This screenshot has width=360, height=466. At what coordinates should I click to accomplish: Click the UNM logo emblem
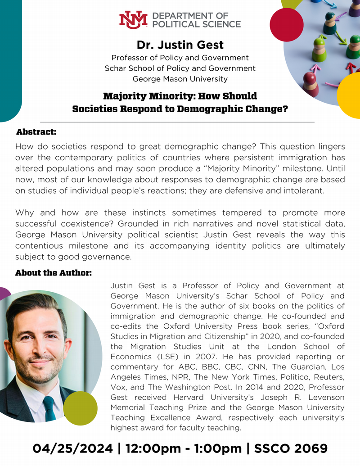(x=133, y=20)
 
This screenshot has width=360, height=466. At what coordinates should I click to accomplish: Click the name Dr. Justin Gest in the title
(x=180, y=45)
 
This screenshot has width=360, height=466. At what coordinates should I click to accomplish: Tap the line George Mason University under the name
(x=180, y=79)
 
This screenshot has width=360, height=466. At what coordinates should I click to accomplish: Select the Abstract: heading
(x=36, y=132)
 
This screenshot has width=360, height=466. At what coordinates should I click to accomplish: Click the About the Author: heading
(x=54, y=273)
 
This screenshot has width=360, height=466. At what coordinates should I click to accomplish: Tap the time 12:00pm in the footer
(x=148, y=448)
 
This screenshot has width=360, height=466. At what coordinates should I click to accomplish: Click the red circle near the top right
(x=287, y=24)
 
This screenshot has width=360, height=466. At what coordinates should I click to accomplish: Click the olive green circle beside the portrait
(x=80, y=408)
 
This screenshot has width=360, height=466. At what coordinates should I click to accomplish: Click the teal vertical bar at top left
(x=10, y=59)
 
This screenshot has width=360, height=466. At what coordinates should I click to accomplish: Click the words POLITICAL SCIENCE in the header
(x=197, y=24)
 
